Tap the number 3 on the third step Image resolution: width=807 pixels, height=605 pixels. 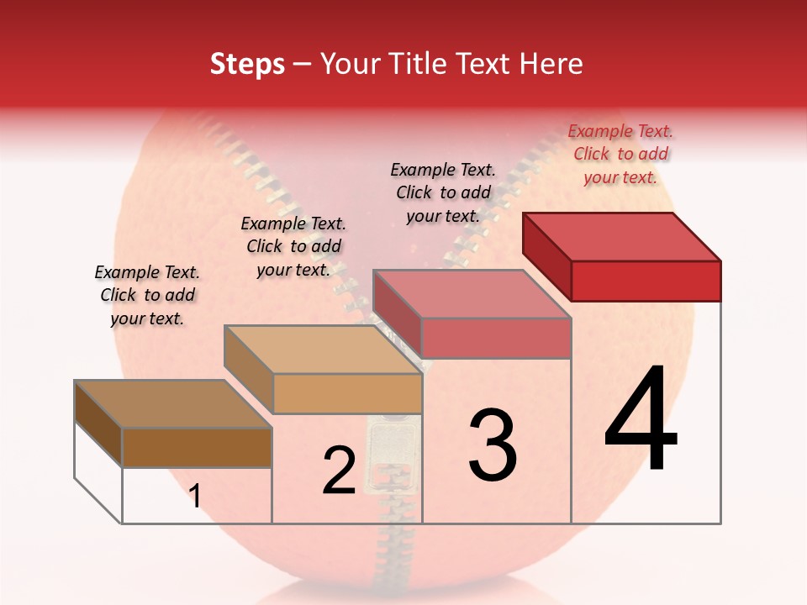[x=493, y=445]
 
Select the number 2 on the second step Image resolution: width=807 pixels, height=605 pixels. [x=339, y=471]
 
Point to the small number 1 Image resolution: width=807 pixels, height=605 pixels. [x=195, y=497]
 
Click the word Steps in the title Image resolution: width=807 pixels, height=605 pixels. [x=247, y=64]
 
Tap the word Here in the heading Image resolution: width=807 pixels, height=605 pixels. [x=551, y=64]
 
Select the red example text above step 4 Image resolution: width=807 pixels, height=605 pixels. [x=620, y=154]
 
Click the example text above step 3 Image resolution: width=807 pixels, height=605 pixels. [x=443, y=192]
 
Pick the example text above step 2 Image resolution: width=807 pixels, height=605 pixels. [x=293, y=246]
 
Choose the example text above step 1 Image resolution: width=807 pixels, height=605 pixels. [x=147, y=295]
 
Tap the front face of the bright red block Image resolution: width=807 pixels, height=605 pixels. [x=646, y=281]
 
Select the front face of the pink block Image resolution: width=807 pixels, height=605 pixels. [x=496, y=338]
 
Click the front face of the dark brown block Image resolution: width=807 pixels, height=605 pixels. [x=197, y=447]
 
